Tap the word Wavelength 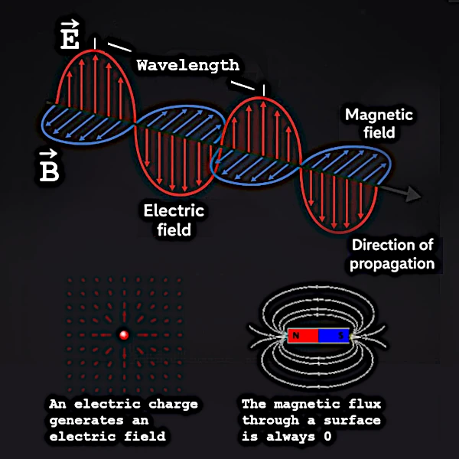187,66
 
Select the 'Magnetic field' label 379,123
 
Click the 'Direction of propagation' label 392,255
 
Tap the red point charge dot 123,334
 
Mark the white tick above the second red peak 263,90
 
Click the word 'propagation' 392,264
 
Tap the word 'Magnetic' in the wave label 379,115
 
